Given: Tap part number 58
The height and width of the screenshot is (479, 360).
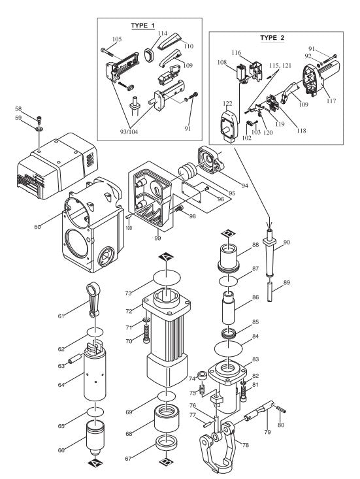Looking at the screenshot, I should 37,108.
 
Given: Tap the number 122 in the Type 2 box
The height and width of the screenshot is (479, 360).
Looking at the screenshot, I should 227,103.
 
